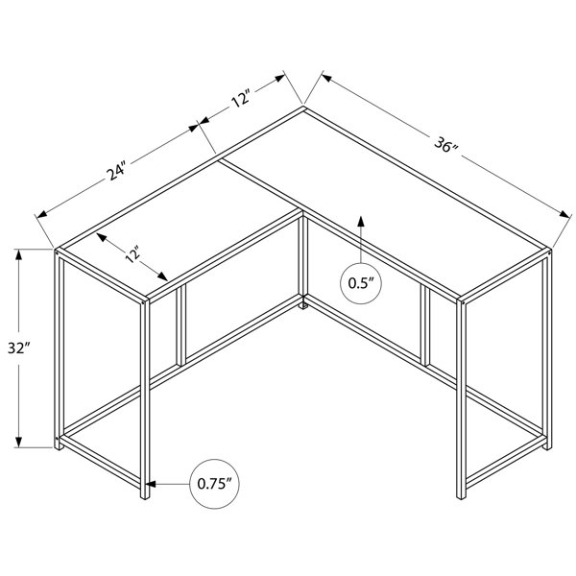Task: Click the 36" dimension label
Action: pyautogui.click(x=446, y=145)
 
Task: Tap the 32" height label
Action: pyautogui.click(x=18, y=348)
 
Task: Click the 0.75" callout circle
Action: pyautogui.click(x=214, y=484)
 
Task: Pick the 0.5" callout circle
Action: pyautogui.click(x=361, y=283)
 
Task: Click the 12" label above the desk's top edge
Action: pyautogui.click(x=241, y=98)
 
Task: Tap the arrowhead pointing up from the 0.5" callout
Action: pyautogui.click(x=361, y=222)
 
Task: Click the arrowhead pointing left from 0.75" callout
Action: pyautogui.click(x=151, y=484)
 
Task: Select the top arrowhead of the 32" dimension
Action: pyautogui.click(x=18, y=254)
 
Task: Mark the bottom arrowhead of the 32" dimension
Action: pyautogui.click(x=18, y=442)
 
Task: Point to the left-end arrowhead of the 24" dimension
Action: pyautogui.click(x=41, y=214)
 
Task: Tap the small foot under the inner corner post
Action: pyautogui.click(x=303, y=305)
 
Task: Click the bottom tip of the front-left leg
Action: pyautogui.click(x=145, y=498)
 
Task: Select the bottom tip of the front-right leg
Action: pyautogui.click(x=461, y=498)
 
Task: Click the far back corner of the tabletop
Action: pyautogui.click(x=303, y=107)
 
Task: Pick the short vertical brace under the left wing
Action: pyautogui.click(x=181, y=325)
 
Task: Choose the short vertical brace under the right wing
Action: pyautogui.click(x=425, y=325)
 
